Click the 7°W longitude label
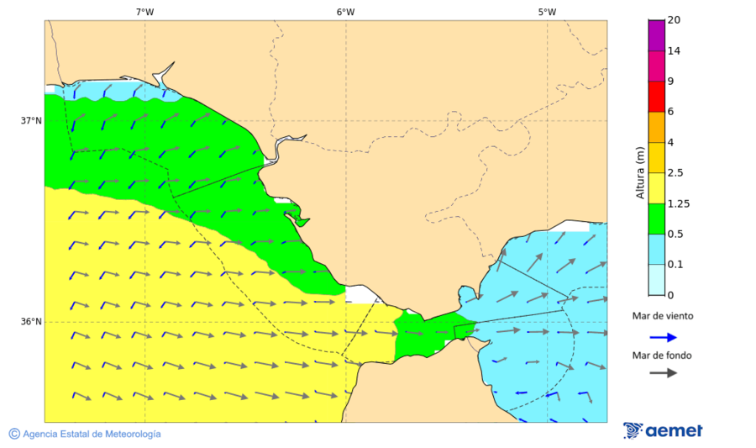click(144, 12)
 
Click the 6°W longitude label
click(345, 12)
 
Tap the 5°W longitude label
click(547, 12)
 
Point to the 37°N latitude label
click(31, 120)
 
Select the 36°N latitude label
click(31, 321)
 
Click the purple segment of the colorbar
click(656, 35)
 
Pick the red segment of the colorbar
click(656, 97)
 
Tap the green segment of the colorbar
click(656, 219)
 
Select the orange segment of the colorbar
click(656, 127)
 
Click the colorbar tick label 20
click(674, 20)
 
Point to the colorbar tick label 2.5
click(675, 173)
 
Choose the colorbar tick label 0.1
click(675, 265)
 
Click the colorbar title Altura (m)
click(640, 172)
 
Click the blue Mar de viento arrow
click(663, 337)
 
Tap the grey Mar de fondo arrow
click(663, 372)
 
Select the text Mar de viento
click(663, 317)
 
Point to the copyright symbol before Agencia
click(14, 434)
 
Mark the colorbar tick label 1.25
click(678, 203)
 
